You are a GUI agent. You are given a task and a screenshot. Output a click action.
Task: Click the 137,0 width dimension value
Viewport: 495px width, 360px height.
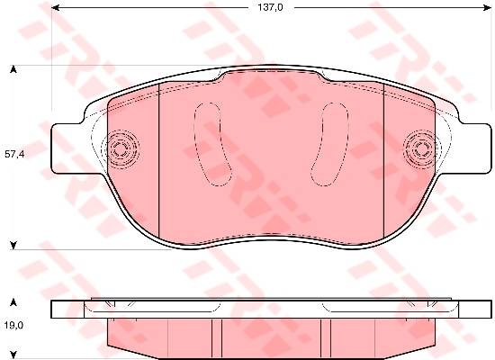(271, 7)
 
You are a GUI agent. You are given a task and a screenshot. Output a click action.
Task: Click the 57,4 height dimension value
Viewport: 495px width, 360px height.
(14, 155)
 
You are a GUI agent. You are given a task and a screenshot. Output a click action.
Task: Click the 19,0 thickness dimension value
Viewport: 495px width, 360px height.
(13, 325)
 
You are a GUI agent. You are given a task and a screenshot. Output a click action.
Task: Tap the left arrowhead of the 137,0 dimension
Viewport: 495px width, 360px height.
(55, 7)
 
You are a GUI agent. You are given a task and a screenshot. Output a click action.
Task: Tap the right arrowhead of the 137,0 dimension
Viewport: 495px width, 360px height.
(487, 7)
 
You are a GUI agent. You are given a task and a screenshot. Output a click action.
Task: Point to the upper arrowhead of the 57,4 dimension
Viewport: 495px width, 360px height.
(13, 69)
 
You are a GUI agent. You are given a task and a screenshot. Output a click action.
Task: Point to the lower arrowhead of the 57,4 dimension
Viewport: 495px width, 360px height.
(13, 246)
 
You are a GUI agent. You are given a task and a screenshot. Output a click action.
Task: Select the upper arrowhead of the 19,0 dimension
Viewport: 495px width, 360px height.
(13, 302)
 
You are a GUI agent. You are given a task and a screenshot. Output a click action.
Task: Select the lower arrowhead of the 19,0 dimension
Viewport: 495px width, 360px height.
(13, 355)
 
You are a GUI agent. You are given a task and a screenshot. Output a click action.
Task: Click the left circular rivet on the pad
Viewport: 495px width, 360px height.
(120, 148)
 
